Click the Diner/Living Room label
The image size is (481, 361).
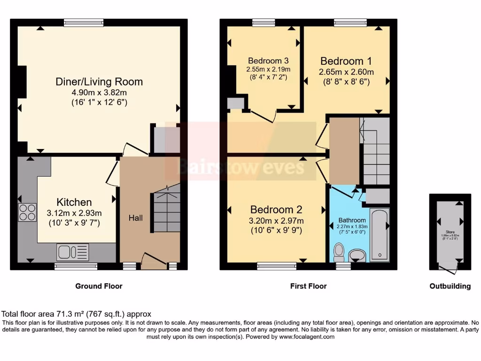pyautogui.click(x=99, y=81)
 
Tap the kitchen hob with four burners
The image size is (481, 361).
pyautogui.click(x=27, y=212)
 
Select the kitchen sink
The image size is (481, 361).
pyautogui.click(x=73, y=252)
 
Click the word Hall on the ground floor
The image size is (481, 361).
pyautogui.click(x=136, y=218)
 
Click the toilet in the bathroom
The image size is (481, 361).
pyautogui.click(x=338, y=252)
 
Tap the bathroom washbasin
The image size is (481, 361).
pyautogui.click(x=358, y=255)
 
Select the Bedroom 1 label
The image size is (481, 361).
pyautogui.click(x=346, y=61)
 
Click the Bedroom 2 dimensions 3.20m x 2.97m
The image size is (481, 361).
pyautogui.click(x=276, y=220)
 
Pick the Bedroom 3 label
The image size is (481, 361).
pyautogui.click(x=268, y=61)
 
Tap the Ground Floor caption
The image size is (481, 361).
pyautogui.click(x=99, y=286)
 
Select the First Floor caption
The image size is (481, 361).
pyautogui.click(x=308, y=286)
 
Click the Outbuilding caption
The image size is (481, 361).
pyautogui.click(x=450, y=286)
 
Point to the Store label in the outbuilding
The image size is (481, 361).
pyautogui.click(x=450, y=231)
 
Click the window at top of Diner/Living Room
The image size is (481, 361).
pyautogui.click(x=84, y=22)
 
